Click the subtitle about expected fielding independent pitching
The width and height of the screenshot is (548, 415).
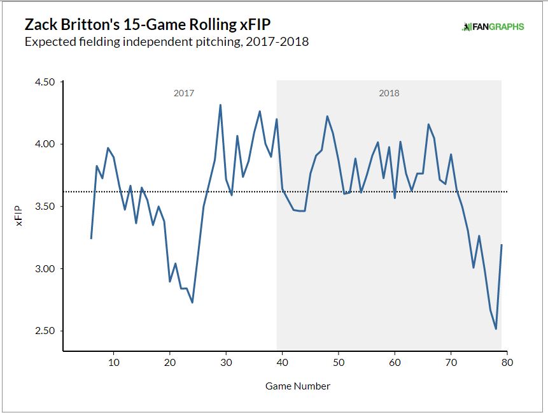[x=166, y=43]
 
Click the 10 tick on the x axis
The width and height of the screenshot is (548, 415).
[x=114, y=363]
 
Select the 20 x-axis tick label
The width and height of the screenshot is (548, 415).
[x=170, y=363]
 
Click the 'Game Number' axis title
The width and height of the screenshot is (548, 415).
[x=299, y=386]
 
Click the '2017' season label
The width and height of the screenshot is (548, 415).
[x=183, y=93]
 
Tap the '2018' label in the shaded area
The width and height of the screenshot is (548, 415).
[x=389, y=93]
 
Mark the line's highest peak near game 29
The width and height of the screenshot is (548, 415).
[x=220, y=105]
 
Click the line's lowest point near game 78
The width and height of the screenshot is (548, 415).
[x=496, y=329]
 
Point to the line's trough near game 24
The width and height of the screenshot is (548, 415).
[x=192, y=302]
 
